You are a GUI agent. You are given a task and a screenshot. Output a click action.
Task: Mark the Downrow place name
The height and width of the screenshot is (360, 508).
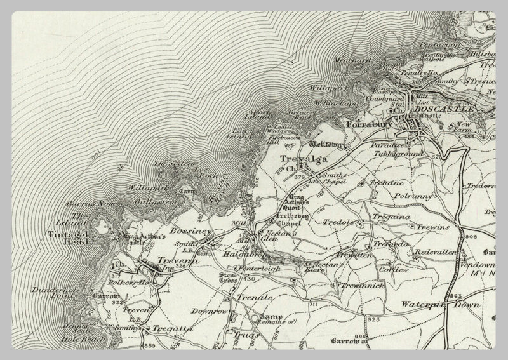click(210, 312)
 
